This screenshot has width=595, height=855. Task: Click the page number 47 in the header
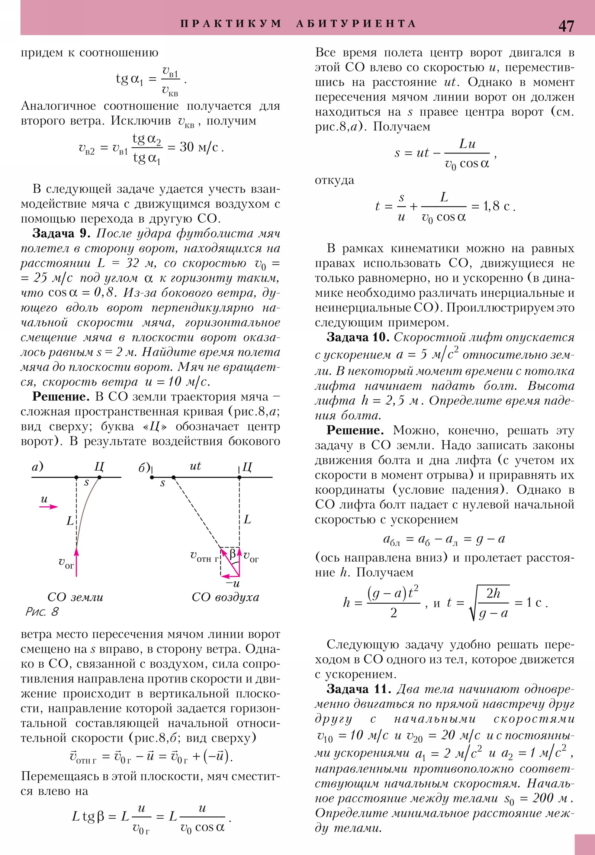(x=566, y=26)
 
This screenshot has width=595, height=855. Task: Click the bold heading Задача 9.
(x=61, y=233)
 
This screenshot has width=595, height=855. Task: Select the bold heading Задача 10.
(x=358, y=338)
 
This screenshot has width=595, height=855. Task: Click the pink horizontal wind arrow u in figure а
(x=49, y=506)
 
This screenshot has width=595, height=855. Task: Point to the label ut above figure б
(x=195, y=466)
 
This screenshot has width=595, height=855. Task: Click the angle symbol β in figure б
(x=232, y=554)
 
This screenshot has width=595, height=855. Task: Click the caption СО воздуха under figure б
(x=225, y=597)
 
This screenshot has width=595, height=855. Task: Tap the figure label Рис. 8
(x=42, y=612)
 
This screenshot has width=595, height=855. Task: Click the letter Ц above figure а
(x=99, y=466)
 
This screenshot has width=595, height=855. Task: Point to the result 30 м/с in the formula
(x=199, y=148)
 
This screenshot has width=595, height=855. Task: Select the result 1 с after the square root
(x=534, y=603)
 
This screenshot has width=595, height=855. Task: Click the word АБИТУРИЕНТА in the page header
(x=356, y=24)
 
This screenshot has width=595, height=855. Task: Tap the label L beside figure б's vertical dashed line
(x=247, y=519)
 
